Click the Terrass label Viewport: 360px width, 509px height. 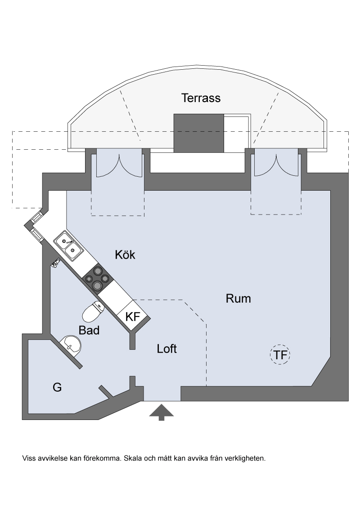coord(201,98)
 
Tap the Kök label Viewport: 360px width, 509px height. coord(125,255)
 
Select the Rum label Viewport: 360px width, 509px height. coord(238,299)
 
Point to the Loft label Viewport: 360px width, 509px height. coord(166,348)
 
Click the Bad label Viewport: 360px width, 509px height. coord(89,330)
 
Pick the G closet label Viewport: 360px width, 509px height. coord(57,387)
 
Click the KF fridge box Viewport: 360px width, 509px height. coord(133,316)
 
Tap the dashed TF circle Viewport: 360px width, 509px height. coord(280,354)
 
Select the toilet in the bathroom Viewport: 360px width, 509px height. coord(93,312)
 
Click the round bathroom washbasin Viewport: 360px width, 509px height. coord(71,345)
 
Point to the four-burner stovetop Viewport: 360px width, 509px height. coord(98,278)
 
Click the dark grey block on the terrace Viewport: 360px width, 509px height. coord(199,133)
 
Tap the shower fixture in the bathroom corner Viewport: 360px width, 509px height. coord(55,263)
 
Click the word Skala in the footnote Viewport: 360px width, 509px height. coord(132,458)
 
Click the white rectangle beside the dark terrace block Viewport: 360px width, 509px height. coord(237,133)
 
